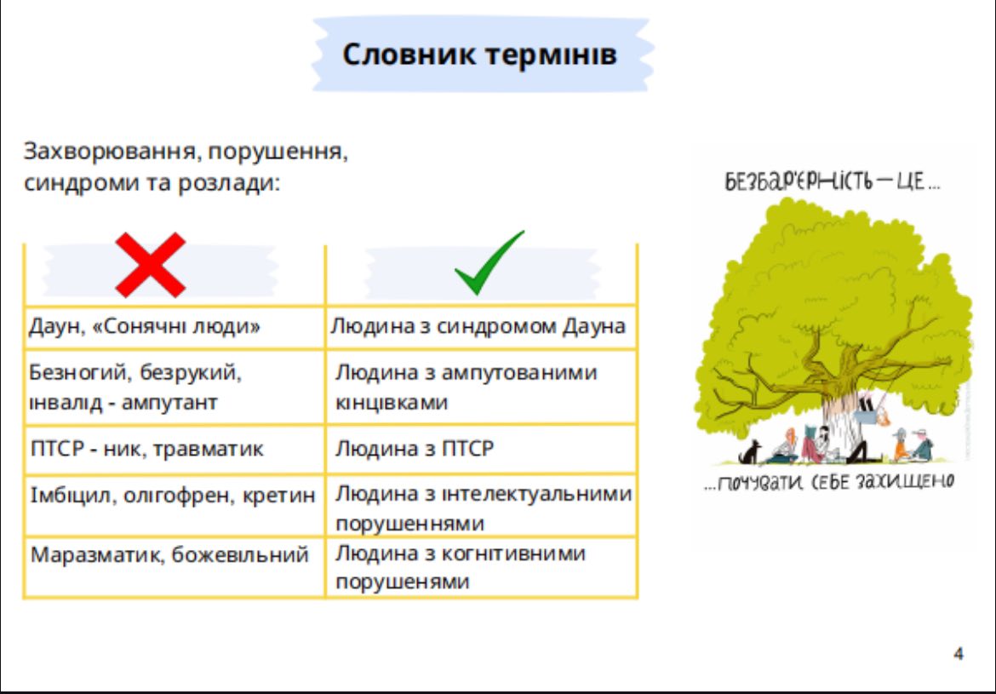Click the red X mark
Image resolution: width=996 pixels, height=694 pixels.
151,264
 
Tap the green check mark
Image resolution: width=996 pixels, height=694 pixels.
489,262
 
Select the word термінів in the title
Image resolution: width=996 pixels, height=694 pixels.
551,54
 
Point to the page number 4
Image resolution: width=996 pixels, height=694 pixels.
959,652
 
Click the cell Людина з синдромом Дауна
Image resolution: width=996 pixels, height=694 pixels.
478,327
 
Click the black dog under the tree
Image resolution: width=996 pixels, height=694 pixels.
749,451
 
